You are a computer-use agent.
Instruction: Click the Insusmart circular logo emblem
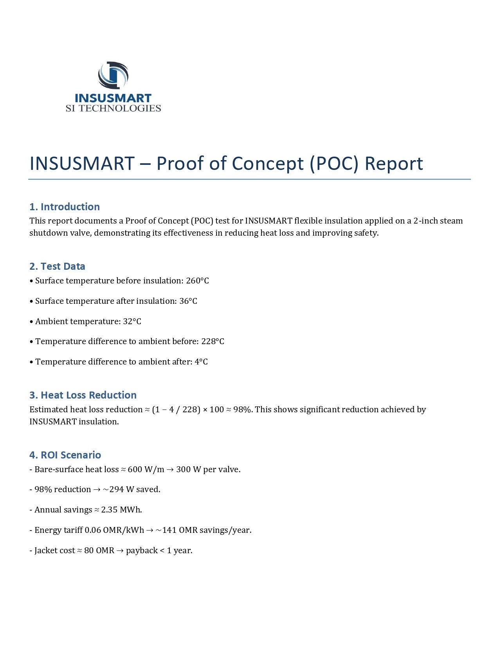point(113,75)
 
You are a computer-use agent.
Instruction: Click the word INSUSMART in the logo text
point(113,98)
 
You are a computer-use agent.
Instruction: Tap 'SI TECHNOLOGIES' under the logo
point(113,108)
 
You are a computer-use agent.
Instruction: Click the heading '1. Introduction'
point(65,207)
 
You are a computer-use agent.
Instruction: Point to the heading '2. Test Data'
point(57,266)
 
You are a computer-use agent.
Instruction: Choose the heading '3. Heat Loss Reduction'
point(83,395)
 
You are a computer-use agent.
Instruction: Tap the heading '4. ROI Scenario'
point(65,455)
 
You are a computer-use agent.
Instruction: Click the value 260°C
point(197,281)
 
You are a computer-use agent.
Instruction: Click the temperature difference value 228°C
point(213,341)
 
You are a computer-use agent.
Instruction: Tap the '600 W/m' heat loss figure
point(146,469)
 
